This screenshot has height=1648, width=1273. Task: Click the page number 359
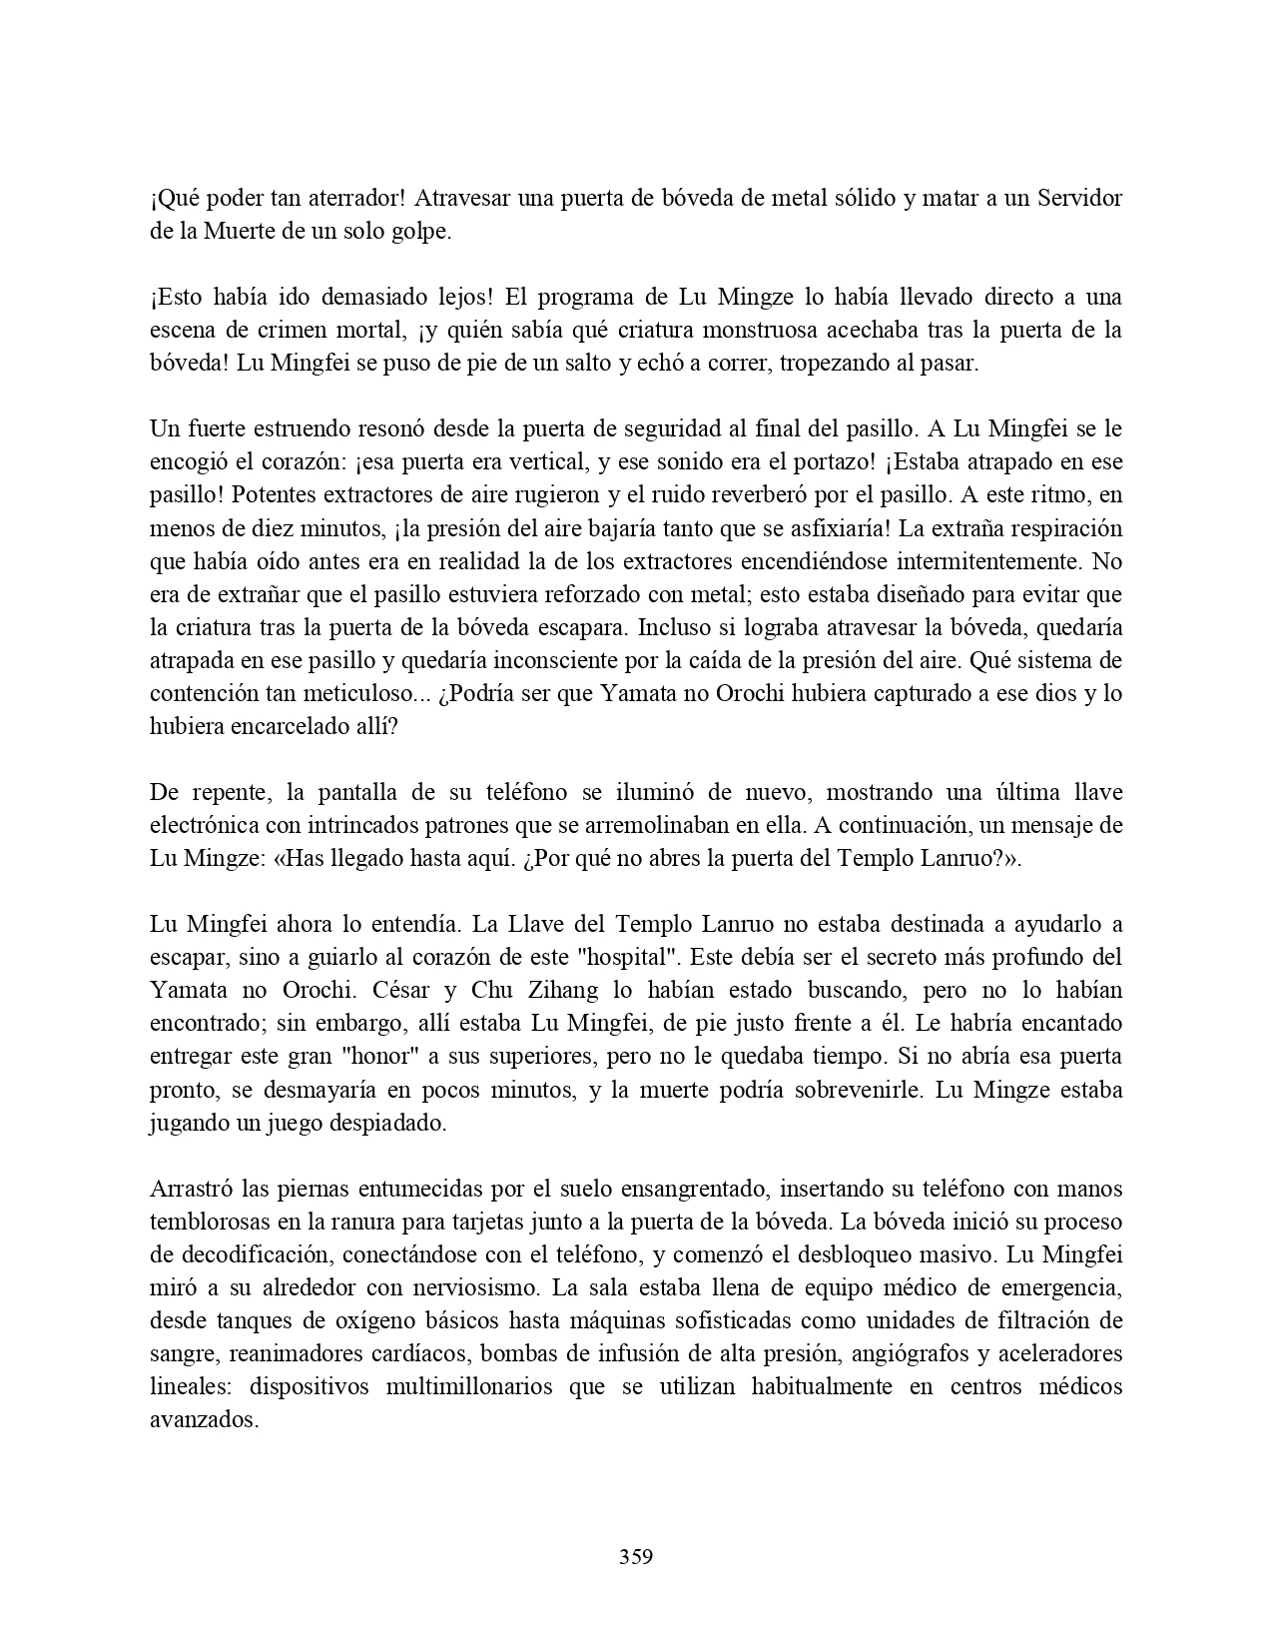click(636, 1556)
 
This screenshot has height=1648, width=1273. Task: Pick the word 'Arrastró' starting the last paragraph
click(190, 1189)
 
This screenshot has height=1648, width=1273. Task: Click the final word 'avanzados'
click(203, 1419)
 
